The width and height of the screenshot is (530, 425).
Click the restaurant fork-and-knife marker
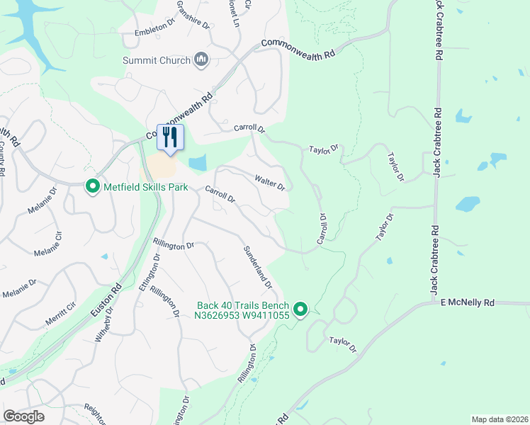point(169,137)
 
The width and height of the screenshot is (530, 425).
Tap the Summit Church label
point(157,61)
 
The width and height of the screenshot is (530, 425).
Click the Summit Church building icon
point(201,61)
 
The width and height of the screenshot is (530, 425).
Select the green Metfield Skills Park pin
point(92,187)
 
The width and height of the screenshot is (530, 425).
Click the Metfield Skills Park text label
point(146,187)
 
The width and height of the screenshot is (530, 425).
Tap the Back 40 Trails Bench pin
point(300,309)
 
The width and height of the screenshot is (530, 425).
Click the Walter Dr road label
point(269,183)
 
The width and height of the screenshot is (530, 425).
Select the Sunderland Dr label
point(258,268)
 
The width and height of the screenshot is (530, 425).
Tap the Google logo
point(23,416)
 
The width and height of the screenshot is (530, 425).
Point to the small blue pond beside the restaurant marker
point(198,163)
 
